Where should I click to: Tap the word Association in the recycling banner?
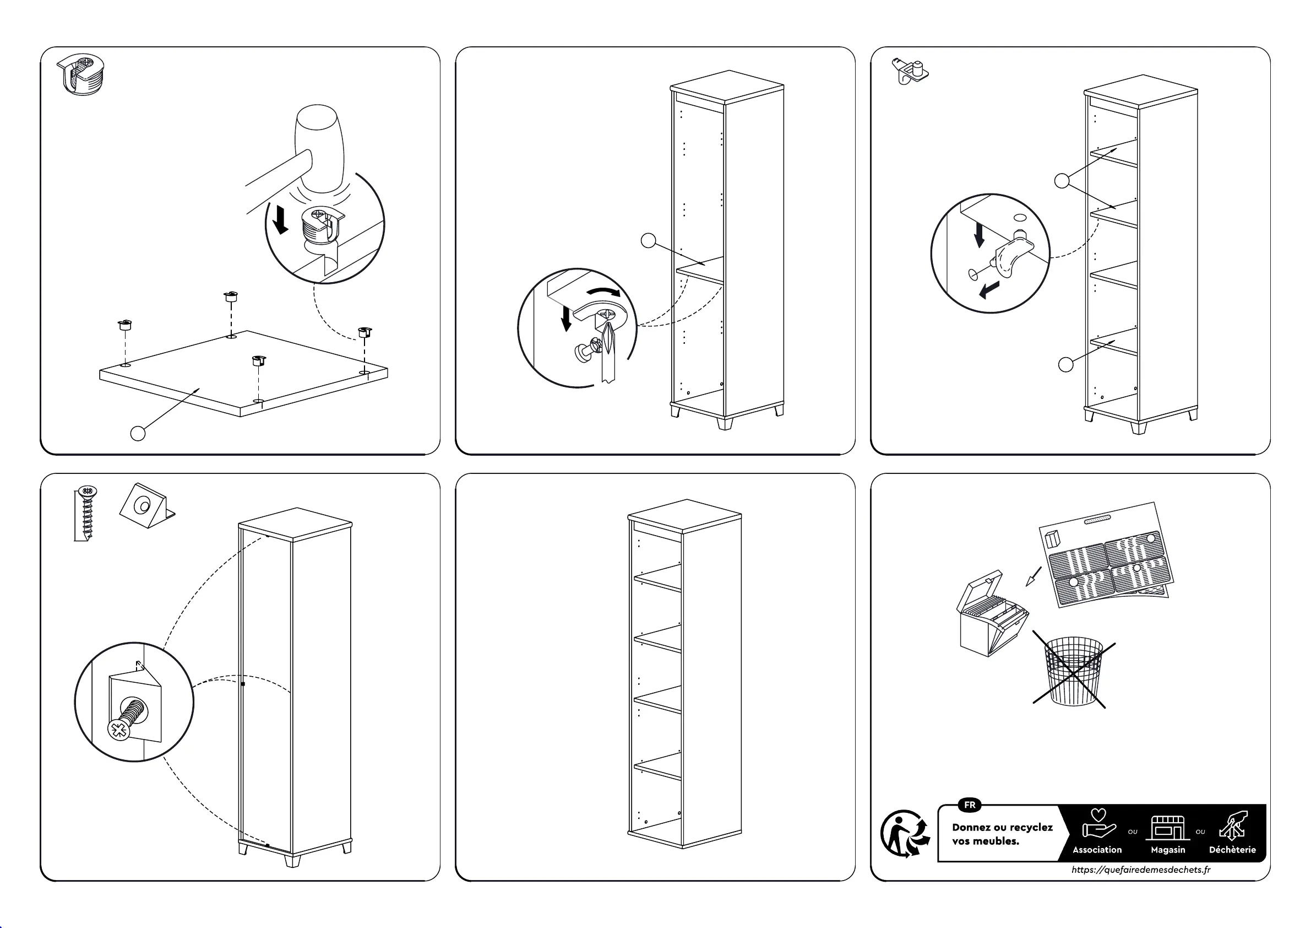(1097, 850)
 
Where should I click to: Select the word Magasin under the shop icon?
(1168, 850)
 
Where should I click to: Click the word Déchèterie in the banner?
(1232, 850)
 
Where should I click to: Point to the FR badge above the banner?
(970, 805)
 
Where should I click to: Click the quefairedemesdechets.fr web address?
(1141, 870)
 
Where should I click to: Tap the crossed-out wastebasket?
(1074, 671)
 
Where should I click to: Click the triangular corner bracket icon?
(145, 506)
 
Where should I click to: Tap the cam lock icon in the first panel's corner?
(82, 74)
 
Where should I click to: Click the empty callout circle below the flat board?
(138, 434)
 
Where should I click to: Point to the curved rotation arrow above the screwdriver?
(604, 292)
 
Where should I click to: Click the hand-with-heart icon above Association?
(1098, 824)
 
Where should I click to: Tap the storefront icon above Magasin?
(1168, 827)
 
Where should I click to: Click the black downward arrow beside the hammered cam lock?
(280, 220)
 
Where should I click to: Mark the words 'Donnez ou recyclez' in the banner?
(1002, 827)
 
